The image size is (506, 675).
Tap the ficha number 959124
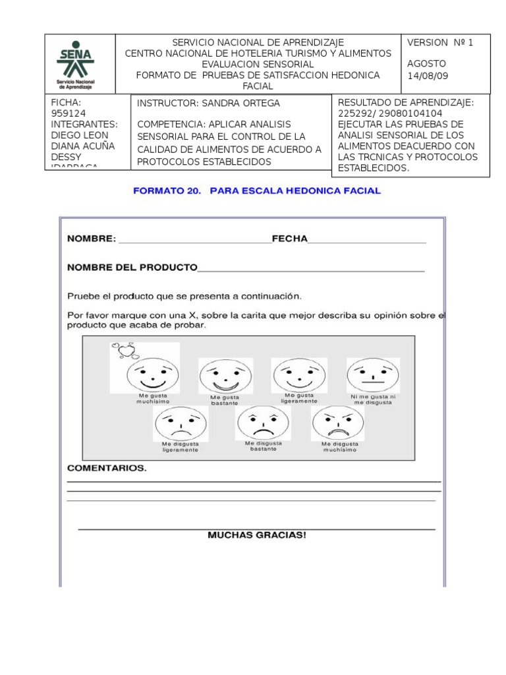click(67, 113)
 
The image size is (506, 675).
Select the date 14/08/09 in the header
click(428, 75)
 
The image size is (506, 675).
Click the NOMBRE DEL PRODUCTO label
click(132, 267)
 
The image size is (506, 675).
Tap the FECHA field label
click(289, 239)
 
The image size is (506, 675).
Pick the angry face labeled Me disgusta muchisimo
click(338, 423)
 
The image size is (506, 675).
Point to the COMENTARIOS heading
click(107, 469)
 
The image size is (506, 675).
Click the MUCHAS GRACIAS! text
click(256, 535)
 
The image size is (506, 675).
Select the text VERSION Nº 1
click(440, 43)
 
